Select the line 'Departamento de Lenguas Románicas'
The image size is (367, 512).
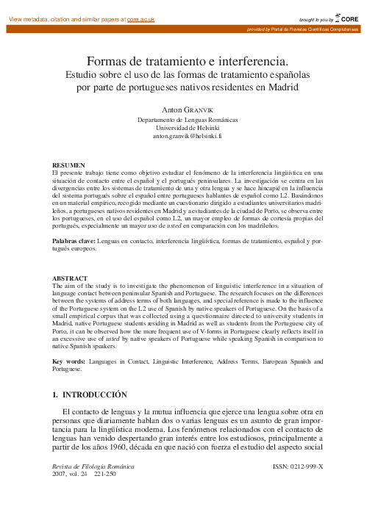(x=183, y=118)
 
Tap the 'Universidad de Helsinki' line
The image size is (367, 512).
(x=183, y=127)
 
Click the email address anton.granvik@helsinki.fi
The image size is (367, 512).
(x=183, y=136)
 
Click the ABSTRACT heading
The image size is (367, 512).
(x=69, y=278)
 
